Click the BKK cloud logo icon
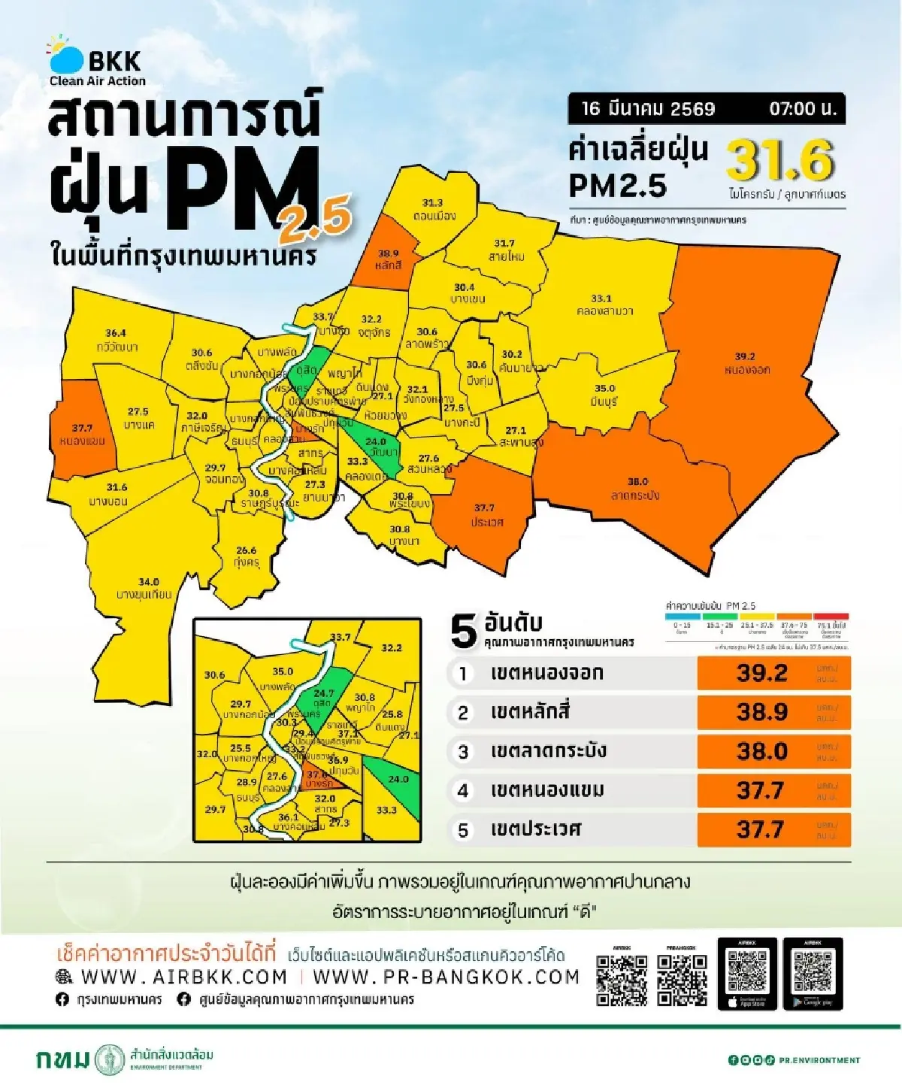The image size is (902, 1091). (66, 56)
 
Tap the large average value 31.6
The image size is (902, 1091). (780, 161)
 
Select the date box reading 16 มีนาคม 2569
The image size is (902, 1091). (648, 109)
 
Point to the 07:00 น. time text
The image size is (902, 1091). (803, 109)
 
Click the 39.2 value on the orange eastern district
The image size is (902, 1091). (745, 356)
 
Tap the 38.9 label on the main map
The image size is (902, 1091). (388, 253)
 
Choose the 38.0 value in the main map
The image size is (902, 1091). (637, 481)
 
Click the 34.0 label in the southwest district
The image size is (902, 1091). (148, 581)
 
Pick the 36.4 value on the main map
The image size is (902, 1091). (116, 332)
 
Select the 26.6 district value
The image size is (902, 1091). (246, 550)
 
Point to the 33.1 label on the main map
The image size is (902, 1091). (601, 299)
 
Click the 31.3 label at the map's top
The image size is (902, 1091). (432, 203)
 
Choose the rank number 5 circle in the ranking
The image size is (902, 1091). (463, 830)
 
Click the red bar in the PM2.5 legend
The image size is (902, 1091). (831, 616)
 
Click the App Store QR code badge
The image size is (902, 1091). (747, 974)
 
